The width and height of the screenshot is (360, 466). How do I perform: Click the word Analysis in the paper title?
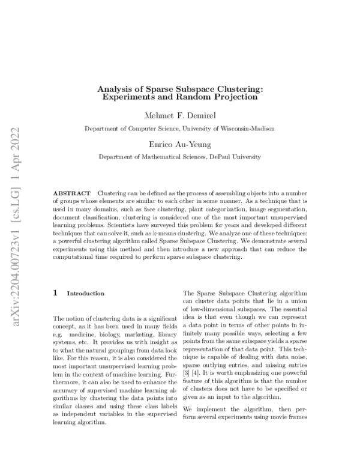tap(117, 89)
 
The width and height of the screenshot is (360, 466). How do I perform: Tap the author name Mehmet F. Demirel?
tap(180, 115)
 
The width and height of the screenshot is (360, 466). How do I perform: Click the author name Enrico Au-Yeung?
tap(180, 144)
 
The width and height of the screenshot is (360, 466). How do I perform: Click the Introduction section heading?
tap(85, 294)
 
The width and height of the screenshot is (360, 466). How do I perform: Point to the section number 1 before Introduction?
tap(56, 294)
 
